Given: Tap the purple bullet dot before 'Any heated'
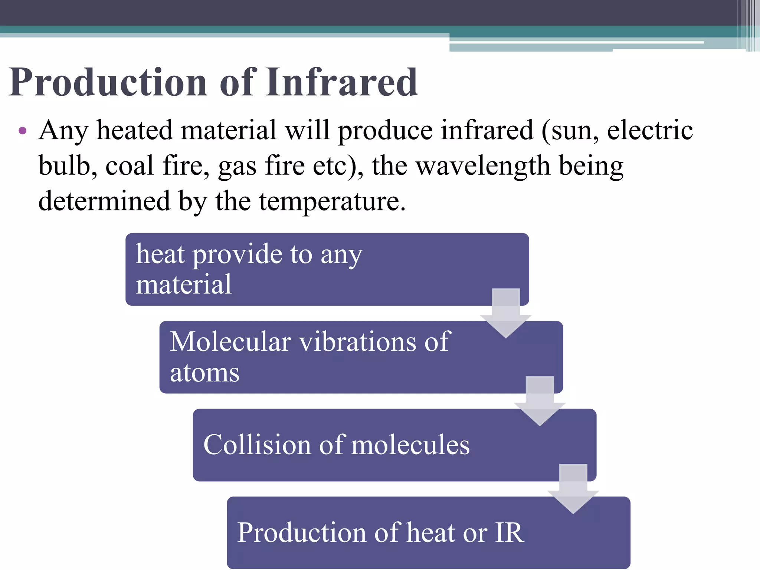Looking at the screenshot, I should (x=22, y=130).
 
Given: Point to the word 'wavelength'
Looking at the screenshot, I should (x=482, y=166).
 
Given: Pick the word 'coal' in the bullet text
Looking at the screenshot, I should (x=130, y=166).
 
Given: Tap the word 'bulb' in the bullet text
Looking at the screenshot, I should (x=67, y=166).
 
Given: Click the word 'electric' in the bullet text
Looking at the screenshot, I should (x=649, y=131).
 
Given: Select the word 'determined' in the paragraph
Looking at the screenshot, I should (x=104, y=201).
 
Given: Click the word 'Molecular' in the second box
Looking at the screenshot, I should (x=230, y=341).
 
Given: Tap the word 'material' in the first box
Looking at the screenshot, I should (x=184, y=284).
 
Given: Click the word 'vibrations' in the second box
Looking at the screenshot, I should (x=358, y=341).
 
